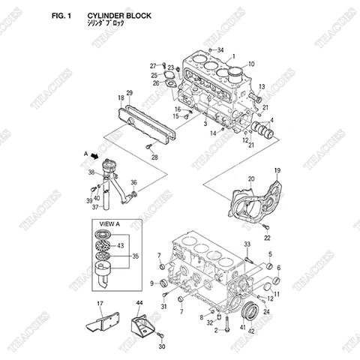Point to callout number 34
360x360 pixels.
(x=220, y=50)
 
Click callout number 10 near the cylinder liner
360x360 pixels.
(x=251, y=64)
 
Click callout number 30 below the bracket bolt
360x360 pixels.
(x=161, y=347)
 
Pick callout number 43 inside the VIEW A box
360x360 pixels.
(x=122, y=245)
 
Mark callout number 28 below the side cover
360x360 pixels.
(x=154, y=157)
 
